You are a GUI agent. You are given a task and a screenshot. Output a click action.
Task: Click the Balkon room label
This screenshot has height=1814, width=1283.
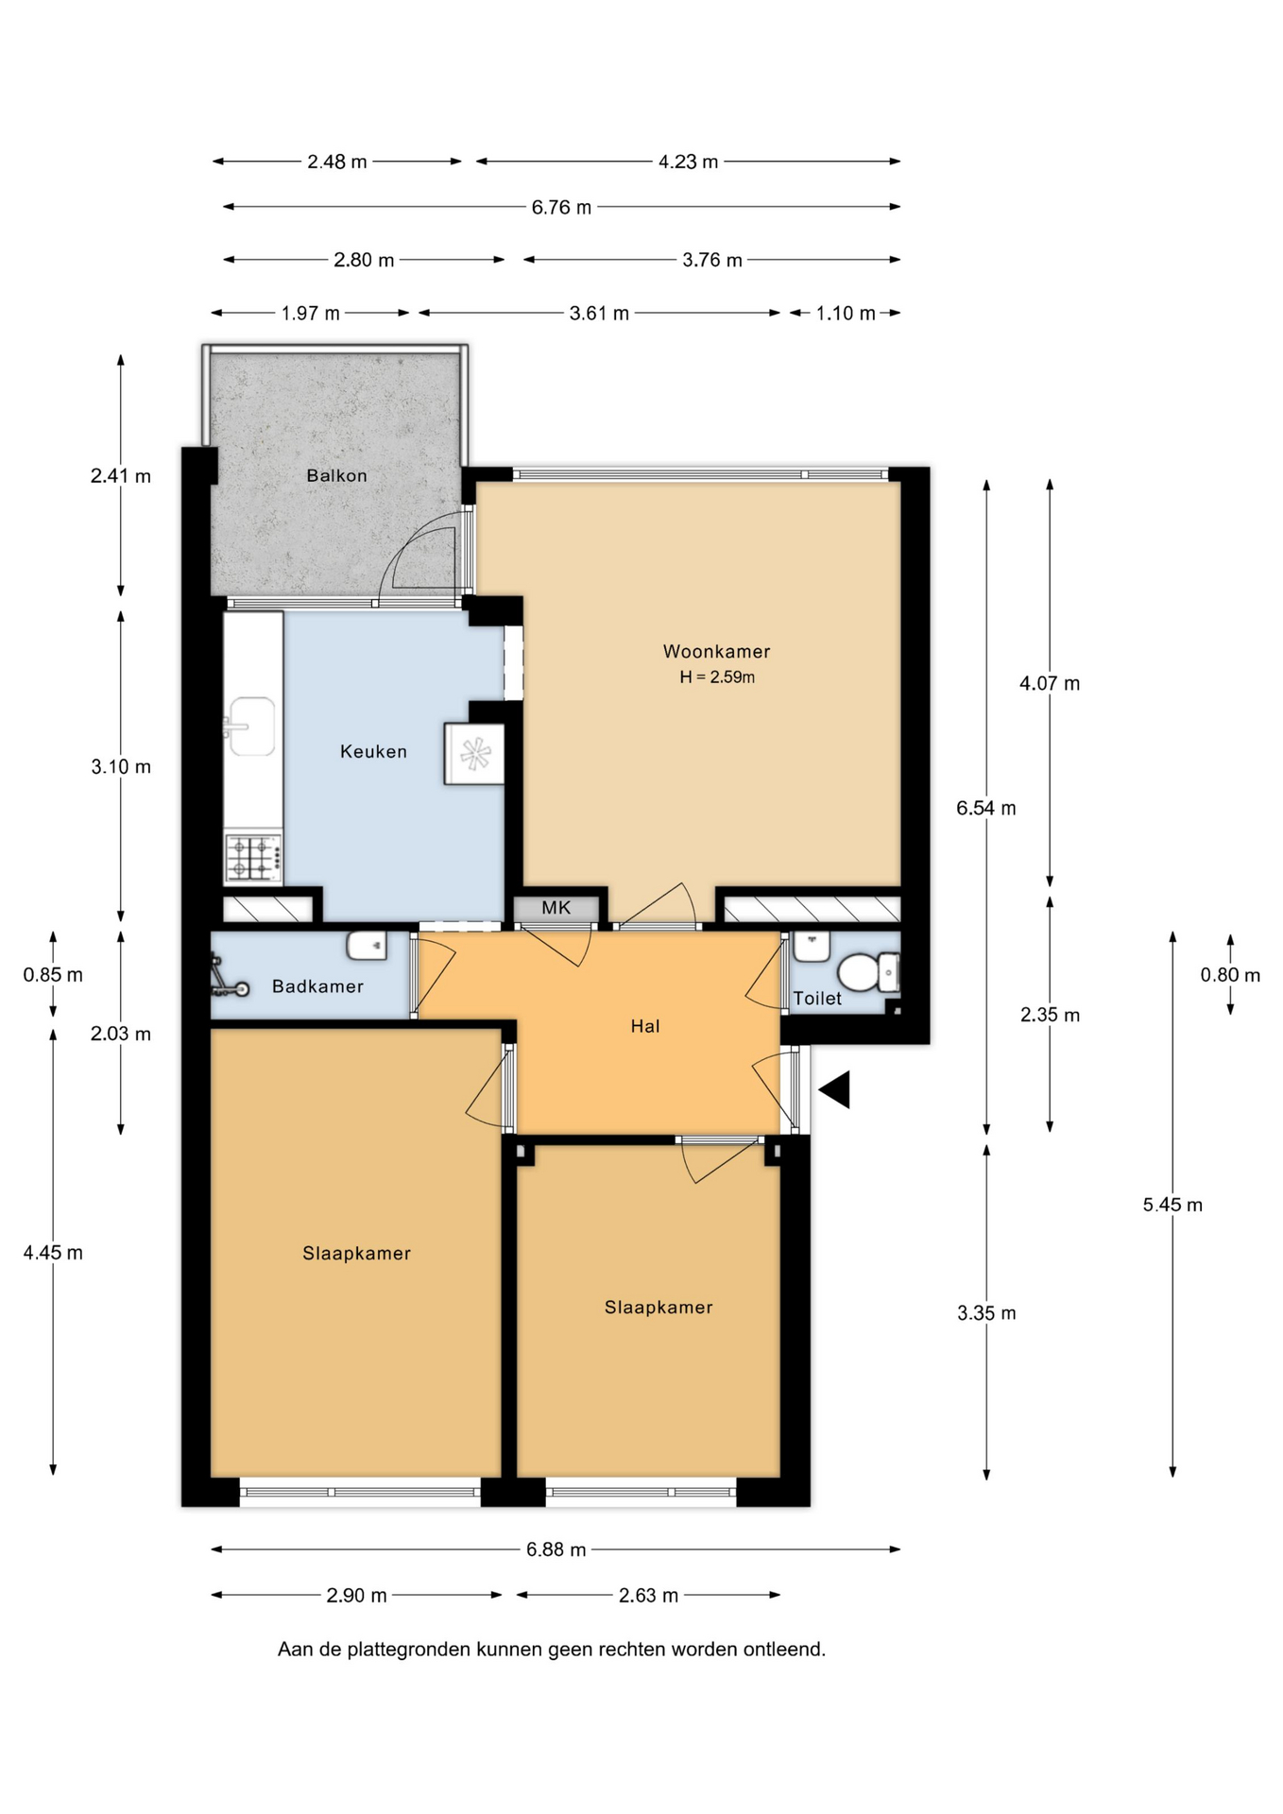(x=336, y=475)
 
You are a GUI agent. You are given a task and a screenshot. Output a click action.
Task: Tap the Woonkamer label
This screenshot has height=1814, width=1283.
(x=716, y=651)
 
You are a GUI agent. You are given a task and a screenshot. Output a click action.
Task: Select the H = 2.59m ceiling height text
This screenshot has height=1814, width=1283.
(x=717, y=676)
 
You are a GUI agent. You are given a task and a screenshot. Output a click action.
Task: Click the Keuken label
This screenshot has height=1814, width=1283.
(x=373, y=751)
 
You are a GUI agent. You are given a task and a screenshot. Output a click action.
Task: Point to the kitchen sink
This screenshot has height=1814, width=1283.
(x=251, y=727)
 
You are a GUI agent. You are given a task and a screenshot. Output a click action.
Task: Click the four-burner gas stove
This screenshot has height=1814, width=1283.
(x=253, y=858)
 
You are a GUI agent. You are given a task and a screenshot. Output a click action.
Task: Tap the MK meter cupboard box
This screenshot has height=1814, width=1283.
(x=556, y=908)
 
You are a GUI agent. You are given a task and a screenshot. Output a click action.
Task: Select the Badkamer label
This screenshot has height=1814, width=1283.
(x=317, y=986)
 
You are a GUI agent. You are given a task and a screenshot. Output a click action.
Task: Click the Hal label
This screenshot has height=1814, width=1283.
(x=645, y=1026)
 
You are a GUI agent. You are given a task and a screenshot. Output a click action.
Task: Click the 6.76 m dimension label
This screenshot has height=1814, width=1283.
(x=561, y=207)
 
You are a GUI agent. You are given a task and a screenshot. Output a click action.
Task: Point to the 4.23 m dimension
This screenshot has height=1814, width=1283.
(x=688, y=162)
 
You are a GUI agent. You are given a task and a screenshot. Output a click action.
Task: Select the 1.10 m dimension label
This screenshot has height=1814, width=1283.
(x=845, y=313)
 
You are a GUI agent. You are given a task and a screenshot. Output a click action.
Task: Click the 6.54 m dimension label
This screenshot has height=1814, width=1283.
(x=986, y=808)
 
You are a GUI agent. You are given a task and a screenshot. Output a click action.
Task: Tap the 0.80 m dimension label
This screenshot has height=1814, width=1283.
(x=1230, y=975)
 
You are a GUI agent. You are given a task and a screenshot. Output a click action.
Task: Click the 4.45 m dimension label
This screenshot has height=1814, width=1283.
(x=53, y=1253)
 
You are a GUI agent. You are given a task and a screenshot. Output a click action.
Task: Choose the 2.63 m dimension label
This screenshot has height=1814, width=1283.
(x=648, y=1596)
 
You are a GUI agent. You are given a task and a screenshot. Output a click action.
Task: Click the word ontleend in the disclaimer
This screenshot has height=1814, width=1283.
(x=784, y=1650)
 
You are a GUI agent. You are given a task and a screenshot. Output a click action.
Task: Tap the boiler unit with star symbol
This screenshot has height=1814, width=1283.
(x=473, y=754)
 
